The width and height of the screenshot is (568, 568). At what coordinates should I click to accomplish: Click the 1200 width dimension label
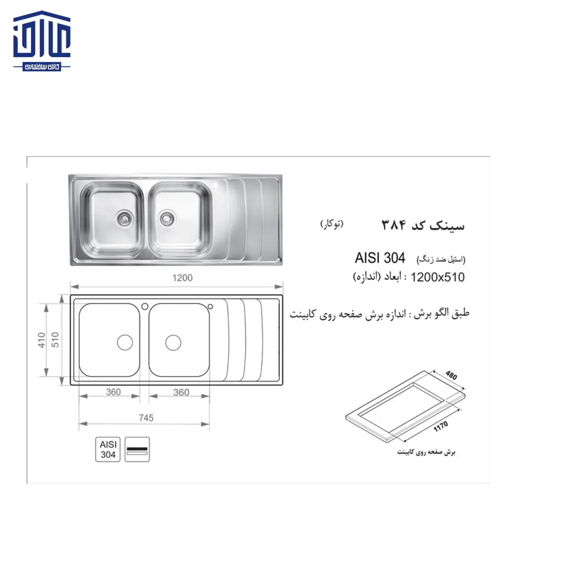click(182, 278)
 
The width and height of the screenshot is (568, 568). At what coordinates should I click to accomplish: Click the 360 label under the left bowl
click(113, 392)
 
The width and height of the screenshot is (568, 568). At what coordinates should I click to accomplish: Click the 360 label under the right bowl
click(181, 392)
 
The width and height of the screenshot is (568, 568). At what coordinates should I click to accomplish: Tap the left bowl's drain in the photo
click(124, 218)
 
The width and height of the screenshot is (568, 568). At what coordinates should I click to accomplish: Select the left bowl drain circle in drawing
click(125, 342)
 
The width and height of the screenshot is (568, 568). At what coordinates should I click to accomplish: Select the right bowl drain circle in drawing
click(173, 342)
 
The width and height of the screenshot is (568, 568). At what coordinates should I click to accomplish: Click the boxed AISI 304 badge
click(107, 449)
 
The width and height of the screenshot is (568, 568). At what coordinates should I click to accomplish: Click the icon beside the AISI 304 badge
click(137, 449)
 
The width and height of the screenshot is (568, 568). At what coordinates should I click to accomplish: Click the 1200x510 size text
click(438, 277)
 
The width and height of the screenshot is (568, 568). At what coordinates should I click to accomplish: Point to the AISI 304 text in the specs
click(380, 258)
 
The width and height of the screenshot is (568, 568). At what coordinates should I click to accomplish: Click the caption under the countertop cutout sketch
click(426, 453)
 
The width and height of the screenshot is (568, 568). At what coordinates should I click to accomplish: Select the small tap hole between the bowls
click(144, 306)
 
